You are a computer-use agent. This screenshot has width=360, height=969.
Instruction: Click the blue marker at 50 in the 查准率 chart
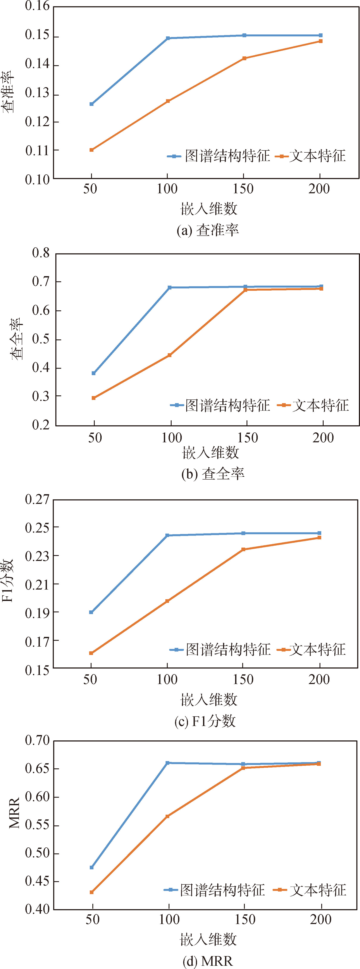coord(92,104)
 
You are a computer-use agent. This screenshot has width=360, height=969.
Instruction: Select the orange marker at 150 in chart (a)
coord(244,58)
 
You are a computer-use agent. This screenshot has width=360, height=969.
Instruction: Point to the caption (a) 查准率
coord(208,230)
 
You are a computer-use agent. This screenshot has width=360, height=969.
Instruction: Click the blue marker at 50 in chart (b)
coord(94,373)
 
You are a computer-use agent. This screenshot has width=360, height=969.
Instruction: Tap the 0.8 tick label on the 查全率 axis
coord(41,253)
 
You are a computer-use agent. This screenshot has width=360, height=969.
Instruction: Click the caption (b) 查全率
coord(213,474)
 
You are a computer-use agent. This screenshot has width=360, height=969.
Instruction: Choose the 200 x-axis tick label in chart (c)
coord(319,679)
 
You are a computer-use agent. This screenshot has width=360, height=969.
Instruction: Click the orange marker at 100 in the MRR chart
coord(167,816)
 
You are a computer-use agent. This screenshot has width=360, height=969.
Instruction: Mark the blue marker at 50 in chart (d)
coord(92,867)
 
